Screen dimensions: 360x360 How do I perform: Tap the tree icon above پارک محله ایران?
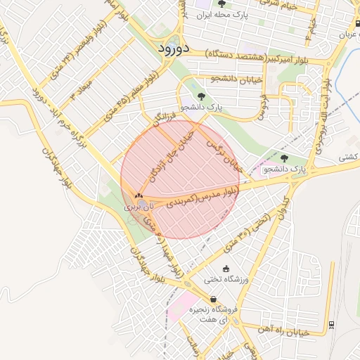tap(222, 4)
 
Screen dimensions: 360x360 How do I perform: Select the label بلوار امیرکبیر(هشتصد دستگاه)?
tap(263, 55)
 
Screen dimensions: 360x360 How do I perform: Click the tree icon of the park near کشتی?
tap(284, 159)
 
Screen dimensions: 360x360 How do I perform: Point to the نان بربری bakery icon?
tap(138, 197)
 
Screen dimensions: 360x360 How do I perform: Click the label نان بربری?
tap(138, 208)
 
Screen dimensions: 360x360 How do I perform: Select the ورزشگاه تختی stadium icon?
tap(226, 269)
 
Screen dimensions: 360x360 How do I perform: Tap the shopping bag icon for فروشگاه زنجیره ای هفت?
tap(213, 299)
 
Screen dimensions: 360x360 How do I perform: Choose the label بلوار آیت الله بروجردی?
tap(323, 120)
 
